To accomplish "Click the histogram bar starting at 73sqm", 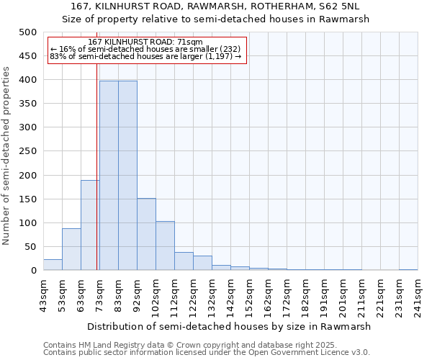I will tap(109, 176).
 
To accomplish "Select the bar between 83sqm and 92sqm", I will tap(127, 176).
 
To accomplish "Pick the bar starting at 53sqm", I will tap(71, 249).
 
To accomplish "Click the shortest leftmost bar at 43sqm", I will tap(53, 264).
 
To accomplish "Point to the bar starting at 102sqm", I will tap(165, 246).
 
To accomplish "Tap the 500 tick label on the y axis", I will tap(28, 32).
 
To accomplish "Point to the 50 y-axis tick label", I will tap(31, 247).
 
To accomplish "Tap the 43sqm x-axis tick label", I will tap(43, 296).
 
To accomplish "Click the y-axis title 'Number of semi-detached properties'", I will tap(7, 155).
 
